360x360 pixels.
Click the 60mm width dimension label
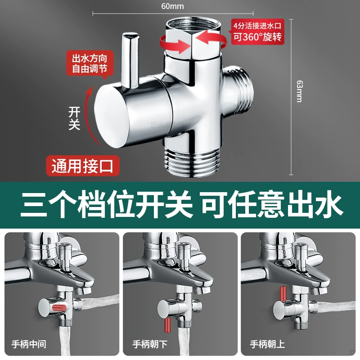(x=172, y=6)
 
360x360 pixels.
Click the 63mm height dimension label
(x=299, y=91)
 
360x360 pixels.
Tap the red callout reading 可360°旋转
(x=257, y=31)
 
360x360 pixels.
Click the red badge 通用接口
(x=83, y=166)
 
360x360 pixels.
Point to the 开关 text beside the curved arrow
(x=74, y=118)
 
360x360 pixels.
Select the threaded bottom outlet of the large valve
(x=193, y=162)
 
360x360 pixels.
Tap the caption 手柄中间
(x=29, y=344)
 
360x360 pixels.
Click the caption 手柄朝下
(x=150, y=344)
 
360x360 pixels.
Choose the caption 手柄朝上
(x=267, y=344)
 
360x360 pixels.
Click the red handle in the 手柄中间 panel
(x=59, y=308)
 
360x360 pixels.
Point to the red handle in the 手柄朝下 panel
(x=167, y=325)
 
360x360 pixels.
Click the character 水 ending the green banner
(x=330, y=204)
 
